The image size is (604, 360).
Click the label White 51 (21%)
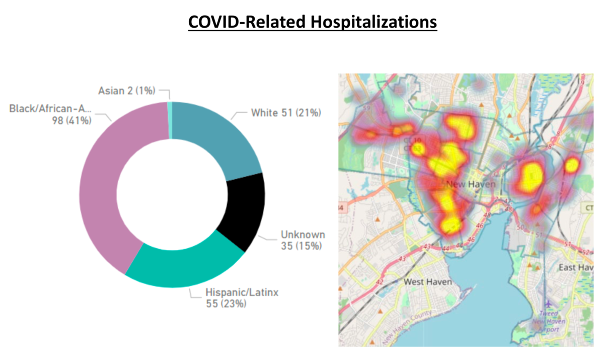coord(286,113)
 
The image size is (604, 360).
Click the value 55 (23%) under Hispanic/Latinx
coord(226,303)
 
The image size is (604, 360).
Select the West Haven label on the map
coord(428,281)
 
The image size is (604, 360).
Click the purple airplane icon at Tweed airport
coord(548,304)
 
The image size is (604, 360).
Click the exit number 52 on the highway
coord(585,251)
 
